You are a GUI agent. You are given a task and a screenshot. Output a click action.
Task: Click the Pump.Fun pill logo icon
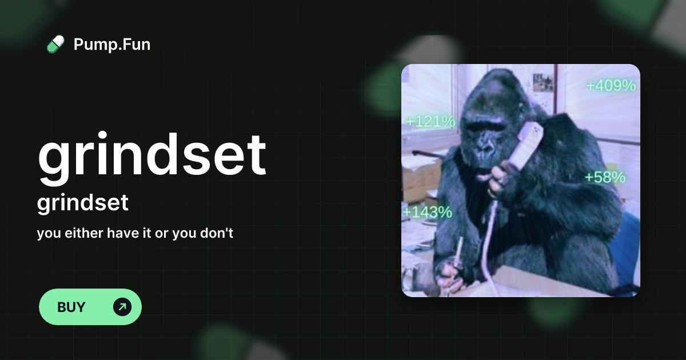tap(55, 44)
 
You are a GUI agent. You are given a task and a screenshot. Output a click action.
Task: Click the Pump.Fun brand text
tap(112, 44)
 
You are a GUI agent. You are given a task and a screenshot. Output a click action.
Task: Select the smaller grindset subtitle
tap(83, 203)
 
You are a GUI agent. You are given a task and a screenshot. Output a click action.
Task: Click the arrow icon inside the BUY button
tap(122, 307)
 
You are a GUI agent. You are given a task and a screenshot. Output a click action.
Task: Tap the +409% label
tap(611, 86)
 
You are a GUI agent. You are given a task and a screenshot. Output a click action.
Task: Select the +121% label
tap(430, 121)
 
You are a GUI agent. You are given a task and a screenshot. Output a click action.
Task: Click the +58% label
tap(605, 177)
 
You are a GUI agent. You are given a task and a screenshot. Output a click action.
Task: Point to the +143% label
tap(428, 213)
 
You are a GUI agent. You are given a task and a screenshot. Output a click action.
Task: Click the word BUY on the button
tap(71, 307)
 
